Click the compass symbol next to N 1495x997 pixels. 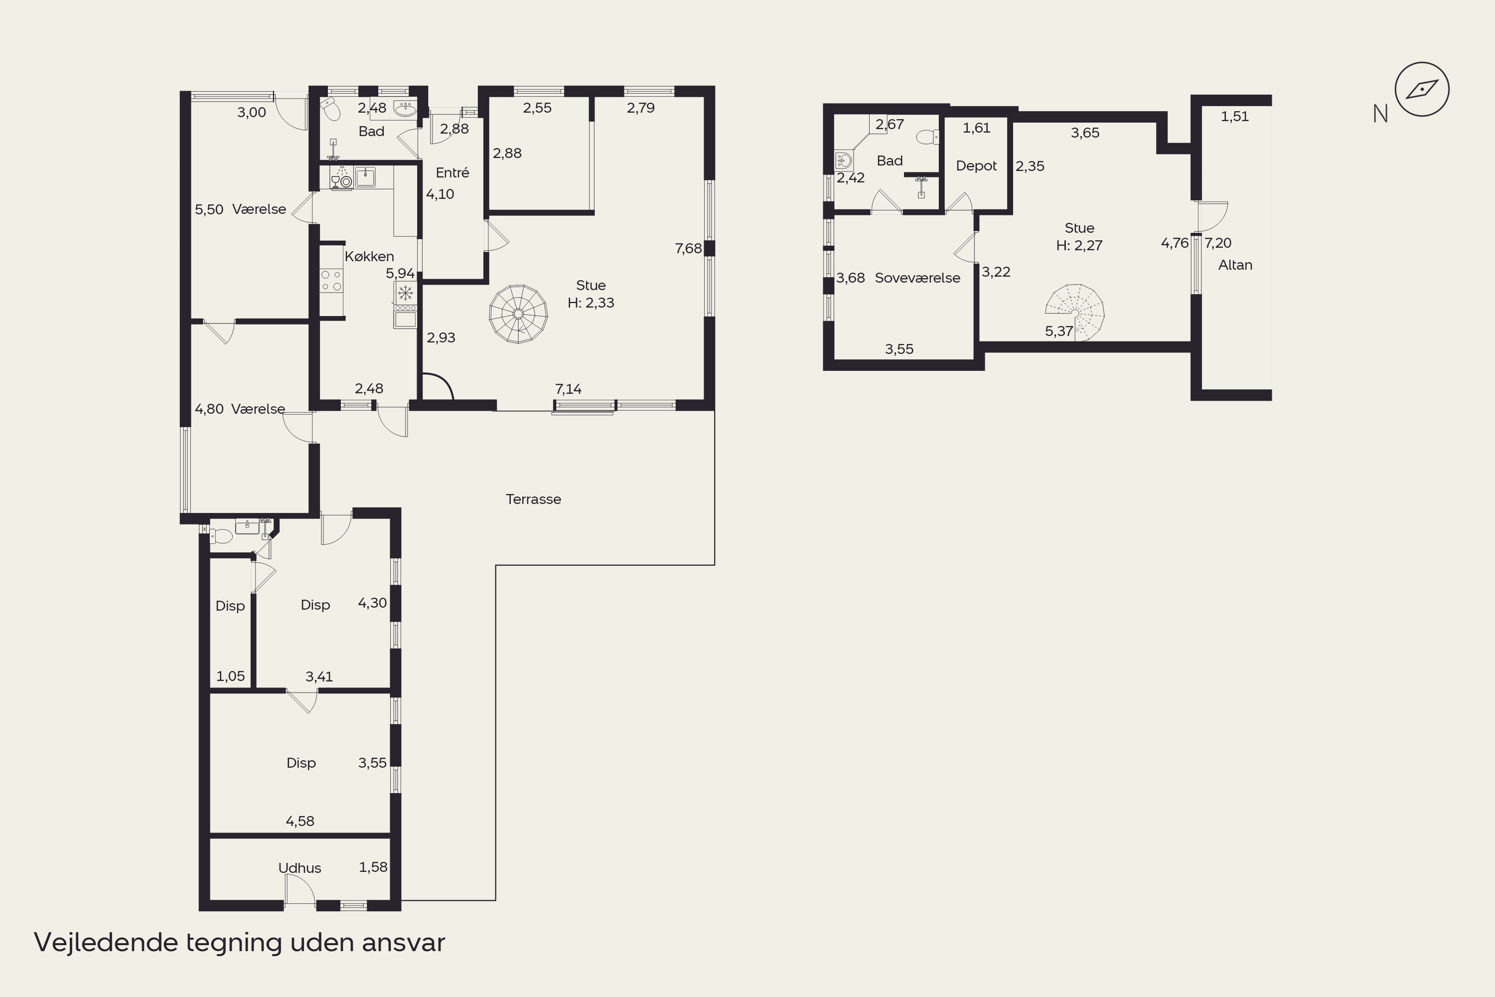1422,90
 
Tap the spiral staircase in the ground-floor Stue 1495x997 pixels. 518,314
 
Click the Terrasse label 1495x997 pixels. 533,499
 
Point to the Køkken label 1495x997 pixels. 369,256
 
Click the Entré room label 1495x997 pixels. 452,172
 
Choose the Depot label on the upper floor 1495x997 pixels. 976,166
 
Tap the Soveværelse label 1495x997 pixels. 917,278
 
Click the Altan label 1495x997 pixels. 1235,265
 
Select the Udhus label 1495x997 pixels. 299,868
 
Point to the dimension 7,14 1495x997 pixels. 568,389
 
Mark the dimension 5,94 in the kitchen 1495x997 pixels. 400,273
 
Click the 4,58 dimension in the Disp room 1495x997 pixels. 300,821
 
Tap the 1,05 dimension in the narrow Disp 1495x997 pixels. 230,676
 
